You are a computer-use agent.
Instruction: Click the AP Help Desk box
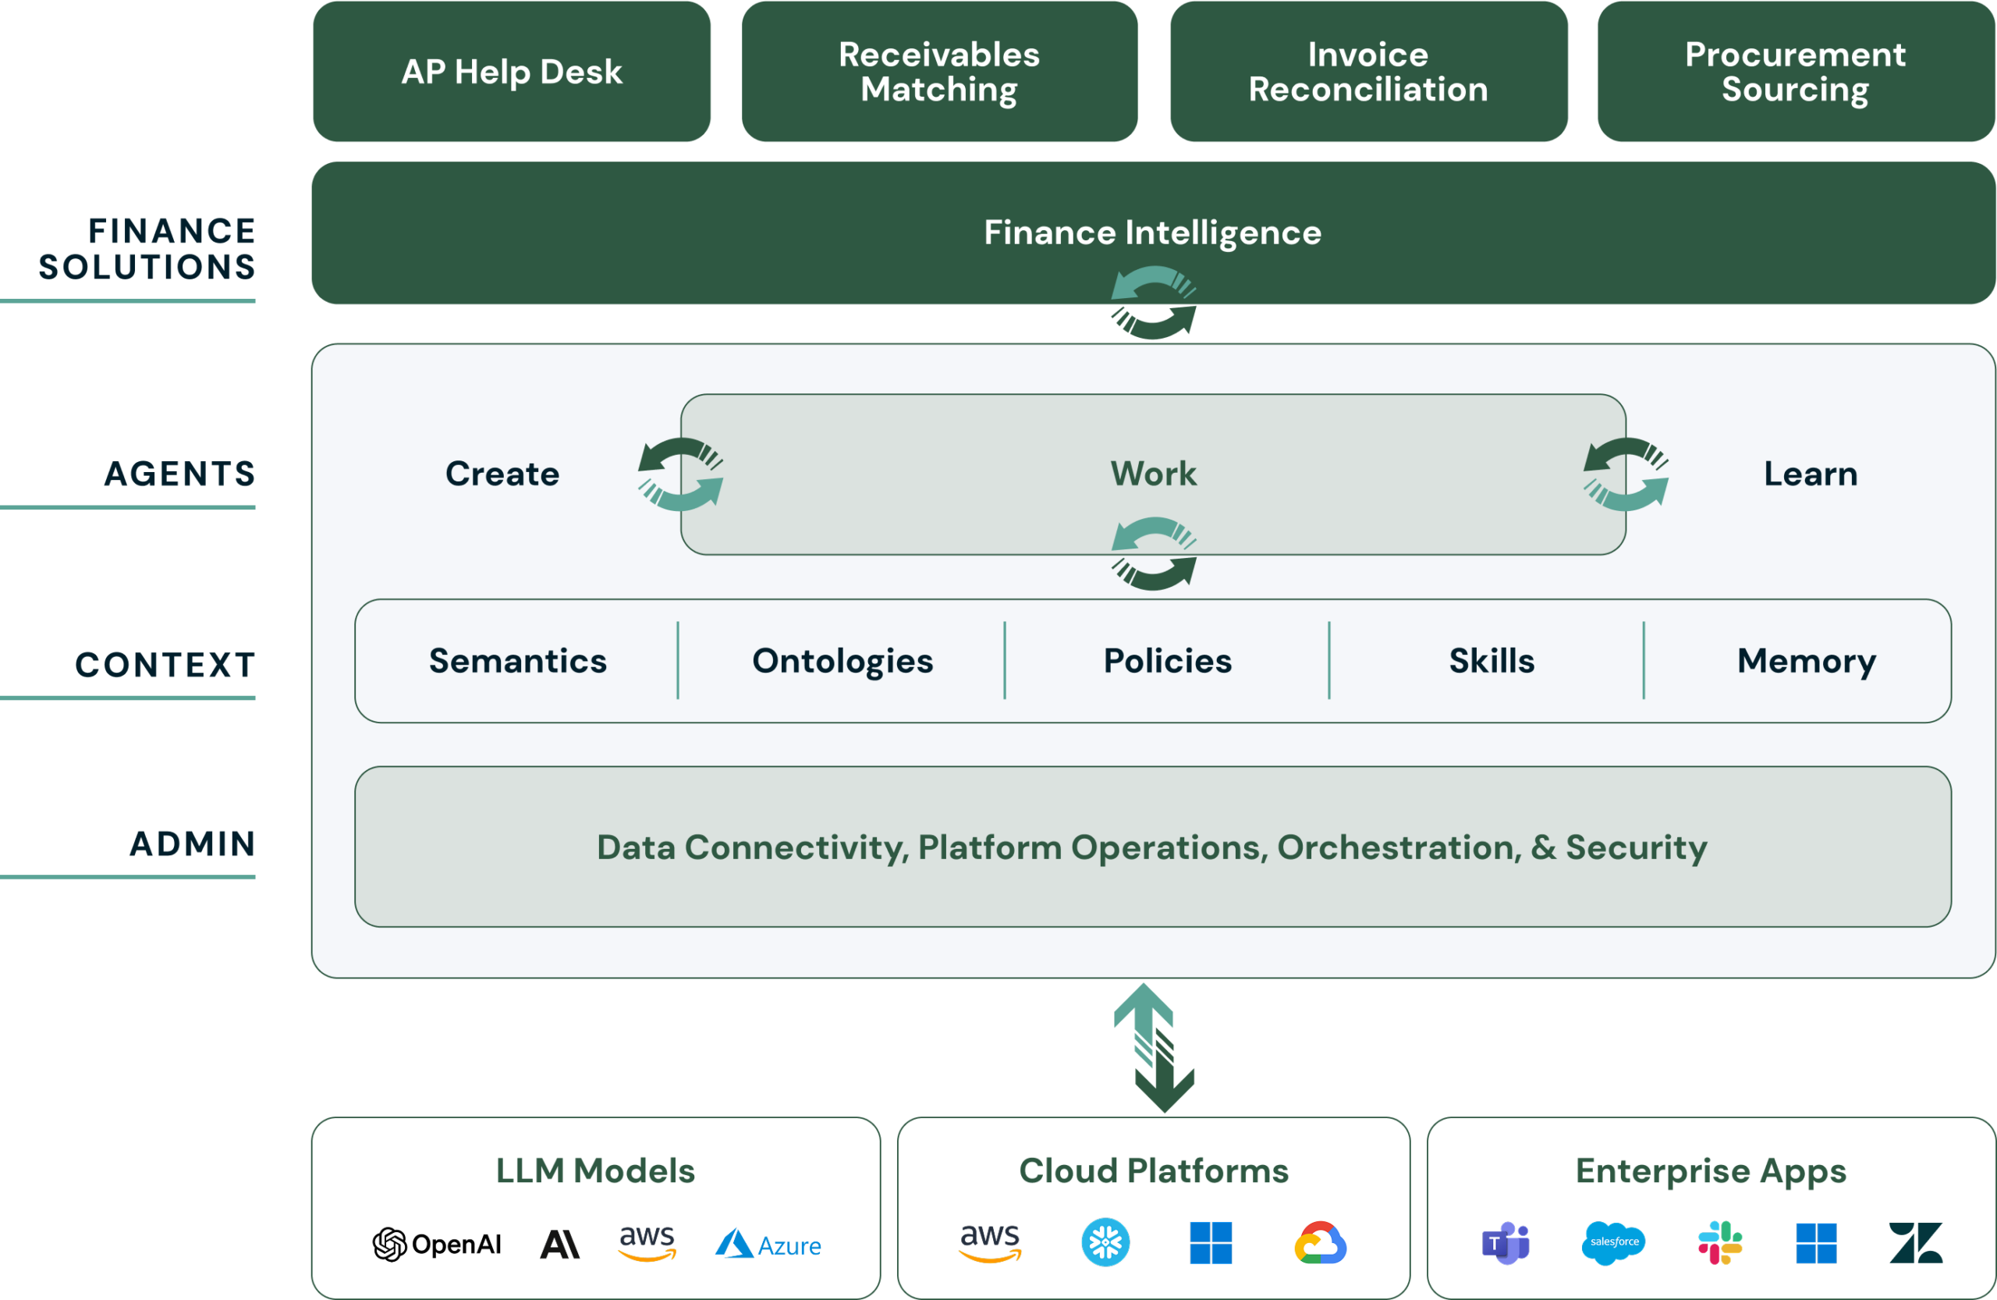(x=512, y=71)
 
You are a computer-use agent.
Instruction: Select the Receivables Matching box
(x=940, y=71)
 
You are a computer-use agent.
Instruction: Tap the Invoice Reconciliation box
(x=1368, y=71)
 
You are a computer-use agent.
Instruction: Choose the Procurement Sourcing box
(x=1796, y=71)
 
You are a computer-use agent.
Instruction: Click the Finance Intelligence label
(x=1153, y=233)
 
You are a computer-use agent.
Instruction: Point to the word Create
(x=502, y=474)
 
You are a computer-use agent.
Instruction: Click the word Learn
(x=1811, y=474)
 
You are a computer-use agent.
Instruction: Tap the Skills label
(x=1492, y=660)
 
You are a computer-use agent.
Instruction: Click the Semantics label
(x=518, y=660)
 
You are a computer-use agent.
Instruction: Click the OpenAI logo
(x=436, y=1244)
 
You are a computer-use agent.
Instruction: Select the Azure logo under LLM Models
(x=768, y=1244)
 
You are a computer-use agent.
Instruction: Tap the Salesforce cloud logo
(x=1613, y=1243)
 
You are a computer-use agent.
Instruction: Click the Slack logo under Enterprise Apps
(x=1720, y=1243)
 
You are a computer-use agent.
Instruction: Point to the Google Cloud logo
(x=1320, y=1243)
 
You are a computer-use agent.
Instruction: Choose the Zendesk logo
(x=1916, y=1243)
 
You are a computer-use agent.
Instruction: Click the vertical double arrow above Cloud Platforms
(x=1154, y=1047)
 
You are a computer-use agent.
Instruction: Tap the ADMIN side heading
(x=192, y=844)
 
